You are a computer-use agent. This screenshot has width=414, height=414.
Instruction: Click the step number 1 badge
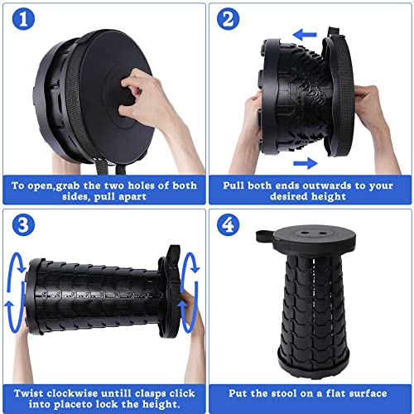pyautogui.click(x=23, y=19)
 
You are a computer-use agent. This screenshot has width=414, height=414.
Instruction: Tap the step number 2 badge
pyautogui.click(x=228, y=19)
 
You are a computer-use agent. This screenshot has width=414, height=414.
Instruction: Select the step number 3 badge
pyautogui.click(x=23, y=225)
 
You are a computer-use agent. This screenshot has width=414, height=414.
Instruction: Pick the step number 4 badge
pyautogui.click(x=228, y=225)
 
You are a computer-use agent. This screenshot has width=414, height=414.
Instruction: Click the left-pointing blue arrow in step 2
pyautogui.click(x=305, y=35)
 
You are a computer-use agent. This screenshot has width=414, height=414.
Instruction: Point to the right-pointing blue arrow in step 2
pyautogui.click(x=306, y=163)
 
